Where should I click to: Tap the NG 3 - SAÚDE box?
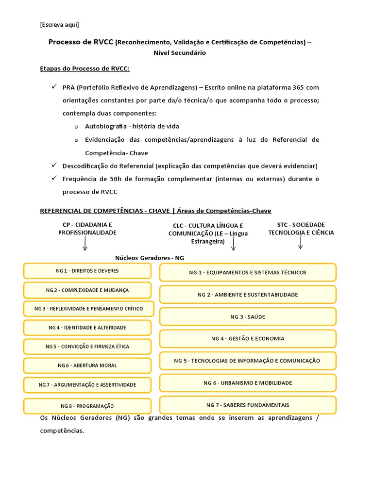click(x=248, y=317)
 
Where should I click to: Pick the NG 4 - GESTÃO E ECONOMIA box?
click(x=248, y=339)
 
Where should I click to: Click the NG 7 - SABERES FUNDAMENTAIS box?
click(x=248, y=405)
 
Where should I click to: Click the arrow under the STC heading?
click(x=301, y=243)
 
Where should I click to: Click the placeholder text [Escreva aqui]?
click(x=59, y=25)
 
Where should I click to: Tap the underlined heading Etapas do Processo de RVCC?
click(x=85, y=69)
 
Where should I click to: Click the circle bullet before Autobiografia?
click(x=76, y=127)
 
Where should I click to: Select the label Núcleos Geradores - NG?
click(x=150, y=258)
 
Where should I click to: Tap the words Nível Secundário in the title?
click(x=180, y=53)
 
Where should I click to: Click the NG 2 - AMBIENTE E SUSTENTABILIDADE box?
click(x=248, y=295)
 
